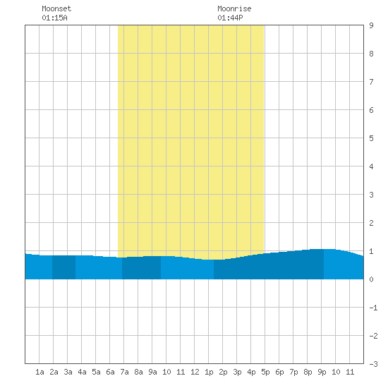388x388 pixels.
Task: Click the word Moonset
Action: [x=56, y=8]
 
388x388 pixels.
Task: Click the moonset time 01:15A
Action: [x=54, y=18]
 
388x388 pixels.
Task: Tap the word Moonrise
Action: [x=234, y=8]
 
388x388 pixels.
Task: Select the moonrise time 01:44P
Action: [x=230, y=18]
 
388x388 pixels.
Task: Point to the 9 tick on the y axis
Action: [x=371, y=25]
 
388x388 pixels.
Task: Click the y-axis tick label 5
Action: [x=371, y=138]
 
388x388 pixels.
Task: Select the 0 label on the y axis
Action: [x=371, y=279]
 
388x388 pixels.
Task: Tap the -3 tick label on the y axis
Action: [x=373, y=364]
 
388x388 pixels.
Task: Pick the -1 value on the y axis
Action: [x=373, y=308]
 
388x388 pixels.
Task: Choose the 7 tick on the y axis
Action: [x=371, y=82]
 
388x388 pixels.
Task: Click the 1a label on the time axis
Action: [x=40, y=372]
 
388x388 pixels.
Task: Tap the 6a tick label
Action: [x=110, y=372]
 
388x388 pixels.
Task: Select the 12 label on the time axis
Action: [x=195, y=372]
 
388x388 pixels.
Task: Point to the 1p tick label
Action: [x=209, y=372]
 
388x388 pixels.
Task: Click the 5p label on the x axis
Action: [x=265, y=372]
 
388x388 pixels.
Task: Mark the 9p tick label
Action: [x=322, y=372]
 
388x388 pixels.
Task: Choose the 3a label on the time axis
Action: [x=68, y=372]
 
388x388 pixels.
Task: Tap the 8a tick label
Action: [x=138, y=372]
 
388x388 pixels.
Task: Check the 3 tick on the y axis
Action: [x=371, y=195]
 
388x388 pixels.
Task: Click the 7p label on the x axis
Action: [x=293, y=372]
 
